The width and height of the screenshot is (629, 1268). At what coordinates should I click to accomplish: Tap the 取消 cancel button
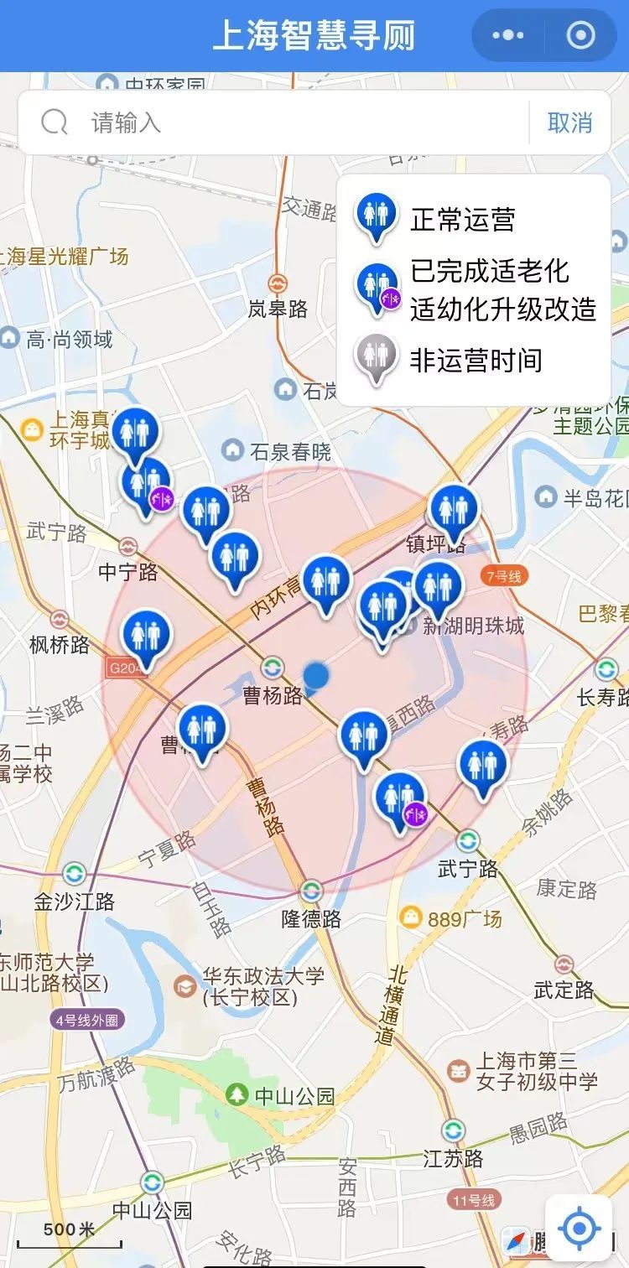click(569, 123)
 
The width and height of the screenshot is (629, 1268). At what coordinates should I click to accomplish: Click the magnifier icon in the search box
click(55, 123)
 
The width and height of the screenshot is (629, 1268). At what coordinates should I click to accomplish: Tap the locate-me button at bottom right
click(579, 1229)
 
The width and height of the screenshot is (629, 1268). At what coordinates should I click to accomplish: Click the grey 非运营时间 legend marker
click(376, 358)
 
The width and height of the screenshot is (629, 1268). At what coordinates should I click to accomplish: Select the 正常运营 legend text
click(462, 220)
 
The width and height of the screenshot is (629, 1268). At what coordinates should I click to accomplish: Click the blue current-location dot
click(316, 675)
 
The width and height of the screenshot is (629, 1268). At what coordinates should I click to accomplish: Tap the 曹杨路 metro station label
click(273, 695)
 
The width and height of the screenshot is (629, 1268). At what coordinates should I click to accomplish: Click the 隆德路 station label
click(311, 918)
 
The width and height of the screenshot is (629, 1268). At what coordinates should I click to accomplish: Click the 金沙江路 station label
click(74, 902)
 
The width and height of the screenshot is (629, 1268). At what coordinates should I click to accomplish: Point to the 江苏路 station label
click(453, 1158)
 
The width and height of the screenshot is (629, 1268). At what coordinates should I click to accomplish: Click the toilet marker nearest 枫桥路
click(147, 636)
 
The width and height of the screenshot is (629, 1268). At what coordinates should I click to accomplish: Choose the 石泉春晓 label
click(290, 452)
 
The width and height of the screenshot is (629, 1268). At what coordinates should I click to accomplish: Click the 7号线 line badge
click(503, 576)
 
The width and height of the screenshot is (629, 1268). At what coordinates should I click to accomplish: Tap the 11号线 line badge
click(472, 1199)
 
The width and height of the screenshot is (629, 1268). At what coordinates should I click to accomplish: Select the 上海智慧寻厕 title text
click(314, 36)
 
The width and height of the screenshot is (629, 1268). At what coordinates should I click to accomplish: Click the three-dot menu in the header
click(508, 36)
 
